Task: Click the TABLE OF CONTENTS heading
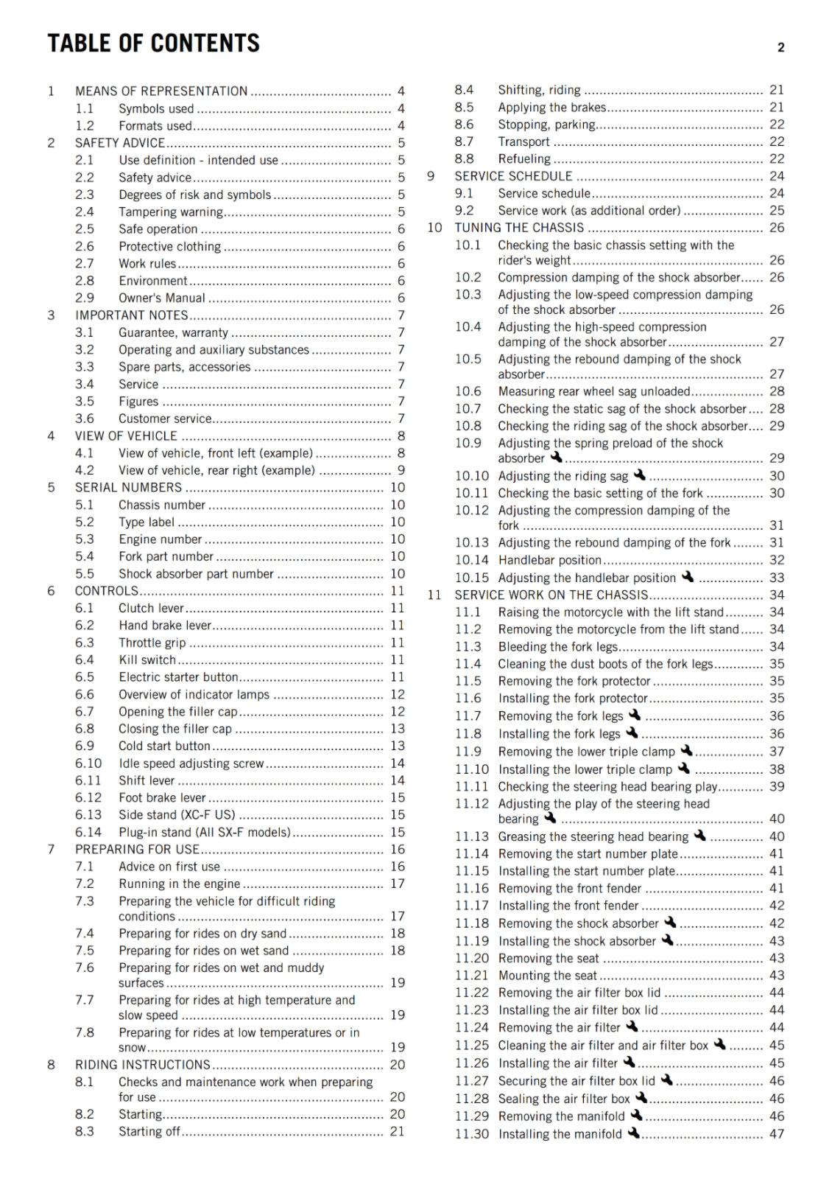pos(153,43)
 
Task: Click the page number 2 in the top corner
pos(780,48)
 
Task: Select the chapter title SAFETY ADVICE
pos(120,143)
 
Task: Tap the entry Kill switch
pos(147,660)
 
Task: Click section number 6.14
pos(88,833)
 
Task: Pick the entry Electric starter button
pos(178,677)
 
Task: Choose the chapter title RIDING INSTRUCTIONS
pos(143,1065)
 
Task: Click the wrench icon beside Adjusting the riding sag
pos(639,475)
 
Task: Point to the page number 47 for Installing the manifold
pos(777,1134)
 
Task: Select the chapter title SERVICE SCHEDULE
pos(513,176)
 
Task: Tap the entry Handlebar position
pos(549,560)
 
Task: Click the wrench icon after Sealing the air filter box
pos(641,1098)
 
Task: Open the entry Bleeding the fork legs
pos(557,647)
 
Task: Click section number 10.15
pos(471,578)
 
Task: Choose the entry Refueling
pos(523,159)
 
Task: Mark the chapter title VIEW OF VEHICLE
pos(126,436)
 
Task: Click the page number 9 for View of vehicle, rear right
pos(401,470)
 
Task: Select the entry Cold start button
pos(164,746)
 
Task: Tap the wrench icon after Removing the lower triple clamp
pos(686,751)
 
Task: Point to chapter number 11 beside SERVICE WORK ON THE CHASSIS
pos(434,595)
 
